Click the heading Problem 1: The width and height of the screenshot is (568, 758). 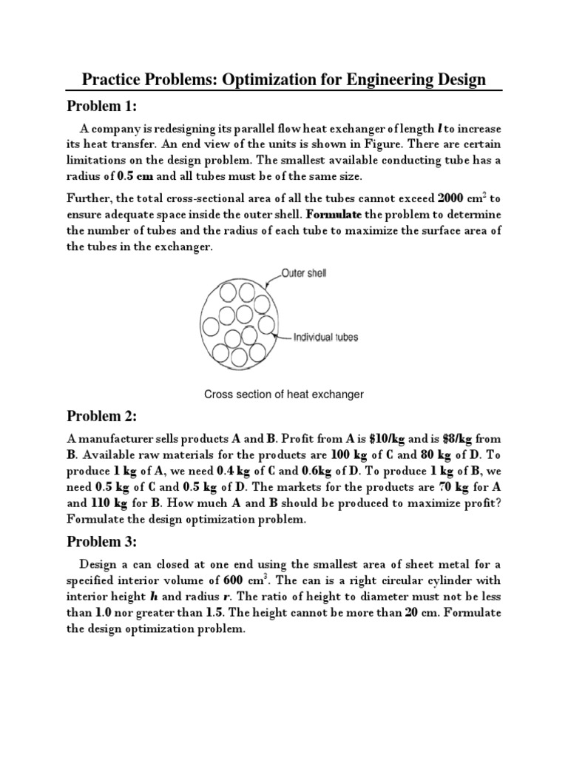(108, 105)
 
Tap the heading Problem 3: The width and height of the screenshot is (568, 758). (108, 542)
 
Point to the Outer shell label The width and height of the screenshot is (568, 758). (303, 273)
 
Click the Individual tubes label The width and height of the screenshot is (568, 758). (325, 338)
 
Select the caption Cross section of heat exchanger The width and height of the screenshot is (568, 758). (283, 395)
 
